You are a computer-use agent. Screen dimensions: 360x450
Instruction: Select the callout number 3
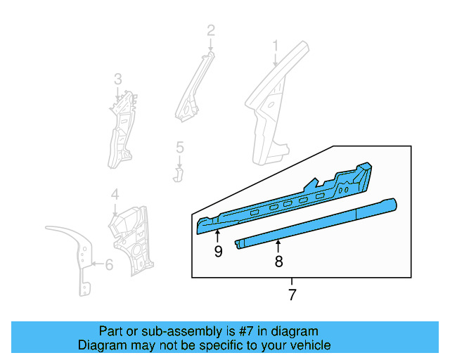pyautogui.click(x=118, y=78)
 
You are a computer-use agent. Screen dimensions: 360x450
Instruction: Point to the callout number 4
pyautogui.click(x=115, y=194)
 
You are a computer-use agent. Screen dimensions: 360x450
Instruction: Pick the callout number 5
pyautogui.click(x=179, y=147)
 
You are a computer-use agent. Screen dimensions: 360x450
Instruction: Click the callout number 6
pyautogui.click(x=108, y=265)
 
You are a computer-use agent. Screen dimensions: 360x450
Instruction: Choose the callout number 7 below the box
pyautogui.click(x=292, y=295)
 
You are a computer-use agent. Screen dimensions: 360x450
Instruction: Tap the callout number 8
pyautogui.click(x=278, y=262)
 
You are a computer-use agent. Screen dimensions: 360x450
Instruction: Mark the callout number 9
pyautogui.click(x=218, y=251)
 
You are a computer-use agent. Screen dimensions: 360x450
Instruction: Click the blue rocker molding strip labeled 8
pyautogui.click(x=316, y=222)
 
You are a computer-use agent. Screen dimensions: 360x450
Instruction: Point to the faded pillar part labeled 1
pyautogui.click(x=271, y=112)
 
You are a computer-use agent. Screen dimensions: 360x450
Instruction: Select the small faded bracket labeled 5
pyautogui.click(x=179, y=172)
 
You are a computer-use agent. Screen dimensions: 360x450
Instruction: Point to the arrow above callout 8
pyautogui.click(x=278, y=246)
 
